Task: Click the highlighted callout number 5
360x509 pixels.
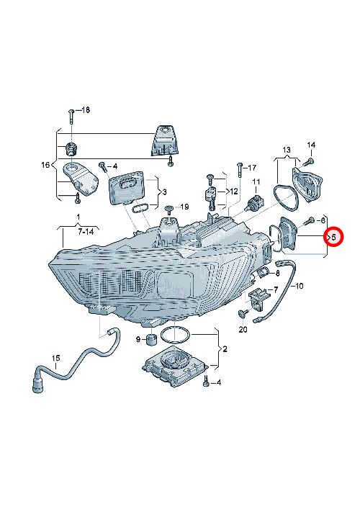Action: [x=333, y=237]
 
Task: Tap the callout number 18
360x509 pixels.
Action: [x=86, y=110]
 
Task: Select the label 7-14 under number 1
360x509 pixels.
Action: [x=86, y=231]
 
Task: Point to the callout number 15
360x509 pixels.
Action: [x=56, y=358]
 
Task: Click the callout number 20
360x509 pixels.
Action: [x=243, y=329]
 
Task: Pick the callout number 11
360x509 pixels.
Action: [x=256, y=181]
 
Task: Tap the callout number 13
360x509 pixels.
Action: [x=287, y=150]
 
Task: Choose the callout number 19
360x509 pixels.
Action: [x=184, y=207]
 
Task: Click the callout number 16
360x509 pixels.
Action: [x=45, y=165]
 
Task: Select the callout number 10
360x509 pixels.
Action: [x=300, y=286]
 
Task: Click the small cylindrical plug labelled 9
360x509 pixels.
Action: [x=150, y=340]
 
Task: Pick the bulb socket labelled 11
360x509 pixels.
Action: [x=255, y=202]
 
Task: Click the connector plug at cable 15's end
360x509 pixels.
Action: [x=38, y=384]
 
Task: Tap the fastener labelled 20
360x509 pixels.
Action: [x=243, y=313]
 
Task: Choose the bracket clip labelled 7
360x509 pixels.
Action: [x=259, y=297]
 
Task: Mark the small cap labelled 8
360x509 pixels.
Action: [x=264, y=274]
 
